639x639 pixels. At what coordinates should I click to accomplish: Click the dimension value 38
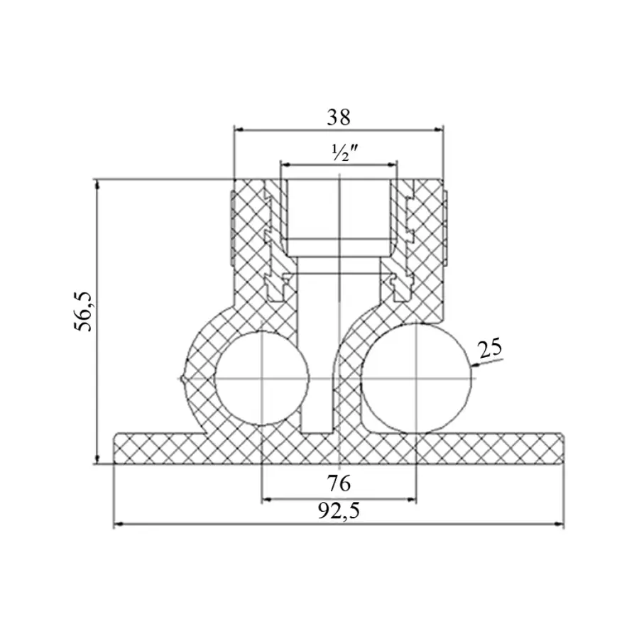(338, 118)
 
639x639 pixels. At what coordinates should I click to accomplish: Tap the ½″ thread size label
(344, 153)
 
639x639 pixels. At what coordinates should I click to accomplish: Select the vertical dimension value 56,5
(84, 312)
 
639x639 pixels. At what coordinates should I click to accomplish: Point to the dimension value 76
(339, 484)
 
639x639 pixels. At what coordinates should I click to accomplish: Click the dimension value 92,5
(339, 510)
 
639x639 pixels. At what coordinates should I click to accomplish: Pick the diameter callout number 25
(490, 349)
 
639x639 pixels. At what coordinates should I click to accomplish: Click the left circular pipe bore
(261, 378)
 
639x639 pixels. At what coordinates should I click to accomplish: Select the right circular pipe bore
(417, 378)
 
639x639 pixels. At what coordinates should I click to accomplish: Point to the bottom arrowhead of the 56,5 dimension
(97, 459)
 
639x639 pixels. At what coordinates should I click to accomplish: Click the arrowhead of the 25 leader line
(476, 365)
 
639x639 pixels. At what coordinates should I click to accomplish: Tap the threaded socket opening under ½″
(339, 210)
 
